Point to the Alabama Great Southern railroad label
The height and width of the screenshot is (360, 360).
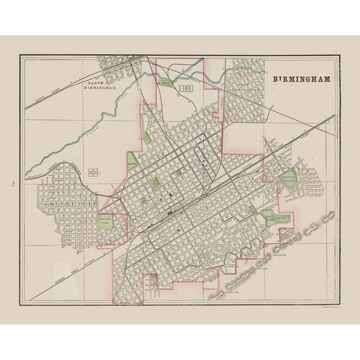75,256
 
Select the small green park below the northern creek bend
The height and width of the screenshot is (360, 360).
148,137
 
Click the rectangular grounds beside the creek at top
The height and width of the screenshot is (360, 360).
185,89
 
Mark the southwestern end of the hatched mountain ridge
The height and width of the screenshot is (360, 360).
216,279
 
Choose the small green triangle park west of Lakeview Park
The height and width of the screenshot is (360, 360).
252,210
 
